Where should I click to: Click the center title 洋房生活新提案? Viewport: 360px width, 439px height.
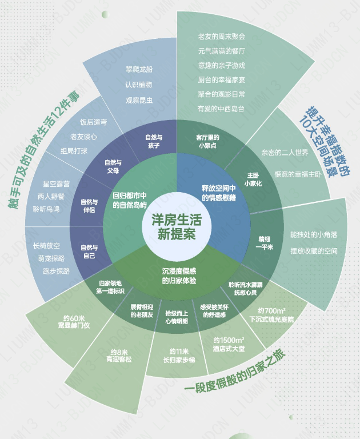coord(177,226)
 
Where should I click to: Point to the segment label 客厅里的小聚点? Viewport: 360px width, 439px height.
coord(207,141)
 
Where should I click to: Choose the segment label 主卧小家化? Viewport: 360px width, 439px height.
coord(253,179)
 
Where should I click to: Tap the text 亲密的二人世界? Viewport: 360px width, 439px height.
coord(285,153)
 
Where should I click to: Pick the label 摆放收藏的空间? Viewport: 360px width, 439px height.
coord(314,250)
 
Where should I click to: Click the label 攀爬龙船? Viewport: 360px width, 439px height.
coord(139,70)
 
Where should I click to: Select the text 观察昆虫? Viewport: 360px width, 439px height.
coord(139,100)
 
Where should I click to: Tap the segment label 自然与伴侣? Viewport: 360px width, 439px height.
coord(89,206)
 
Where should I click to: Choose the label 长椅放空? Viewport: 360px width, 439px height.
coord(47,246)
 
